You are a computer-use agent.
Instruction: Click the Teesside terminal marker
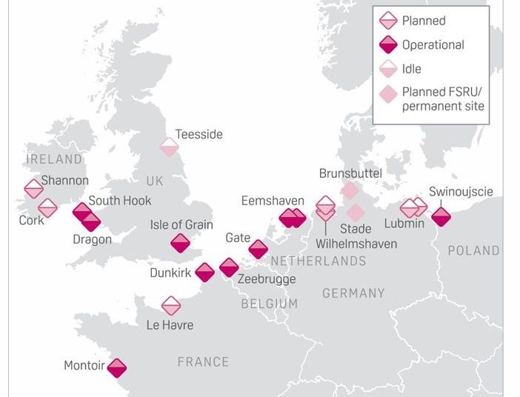(x=169, y=146)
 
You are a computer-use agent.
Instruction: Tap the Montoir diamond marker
(x=116, y=367)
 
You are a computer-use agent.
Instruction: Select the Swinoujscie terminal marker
(x=441, y=216)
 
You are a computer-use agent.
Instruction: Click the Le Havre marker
(x=171, y=305)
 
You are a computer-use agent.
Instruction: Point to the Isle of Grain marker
(x=180, y=243)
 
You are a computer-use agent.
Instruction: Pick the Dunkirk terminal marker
(x=204, y=272)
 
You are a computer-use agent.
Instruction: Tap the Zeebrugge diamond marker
(x=229, y=267)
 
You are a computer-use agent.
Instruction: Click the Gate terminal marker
(x=258, y=249)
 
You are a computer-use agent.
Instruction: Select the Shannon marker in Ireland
(x=33, y=189)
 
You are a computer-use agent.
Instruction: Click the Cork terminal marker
(x=47, y=208)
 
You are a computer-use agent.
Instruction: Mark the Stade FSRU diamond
(x=356, y=213)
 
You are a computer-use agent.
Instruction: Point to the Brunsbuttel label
(x=350, y=173)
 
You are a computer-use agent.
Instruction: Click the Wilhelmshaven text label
(x=356, y=244)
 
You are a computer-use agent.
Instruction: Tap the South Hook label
(x=120, y=200)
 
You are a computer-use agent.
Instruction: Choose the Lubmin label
(x=404, y=224)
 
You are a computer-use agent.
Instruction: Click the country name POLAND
(x=473, y=250)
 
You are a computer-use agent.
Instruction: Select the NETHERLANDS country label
(x=318, y=261)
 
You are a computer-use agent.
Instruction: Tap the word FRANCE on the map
(x=203, y=361)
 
